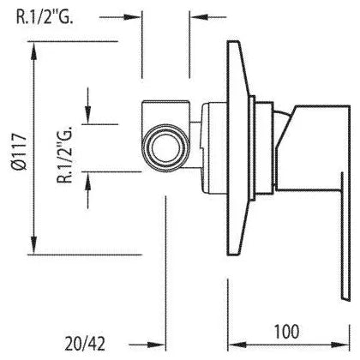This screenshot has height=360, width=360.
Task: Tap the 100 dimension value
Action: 286,332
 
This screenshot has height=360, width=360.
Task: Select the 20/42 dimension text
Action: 85,344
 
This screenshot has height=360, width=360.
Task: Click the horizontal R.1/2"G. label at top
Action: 45,16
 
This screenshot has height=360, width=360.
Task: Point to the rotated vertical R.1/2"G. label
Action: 64,154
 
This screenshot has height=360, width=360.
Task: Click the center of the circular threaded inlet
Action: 165,148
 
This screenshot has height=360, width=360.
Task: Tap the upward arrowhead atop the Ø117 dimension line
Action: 34,51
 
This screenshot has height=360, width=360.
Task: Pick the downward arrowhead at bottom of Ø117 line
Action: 34,244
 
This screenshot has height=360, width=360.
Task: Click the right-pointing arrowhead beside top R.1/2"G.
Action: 133,17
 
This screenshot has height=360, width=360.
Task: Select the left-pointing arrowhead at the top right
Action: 199,17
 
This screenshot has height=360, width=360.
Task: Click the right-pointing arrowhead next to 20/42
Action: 156,345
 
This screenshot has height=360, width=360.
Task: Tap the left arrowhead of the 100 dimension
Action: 238,345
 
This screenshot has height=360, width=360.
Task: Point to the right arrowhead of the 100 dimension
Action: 340,345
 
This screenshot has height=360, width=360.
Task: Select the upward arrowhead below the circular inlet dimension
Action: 87,181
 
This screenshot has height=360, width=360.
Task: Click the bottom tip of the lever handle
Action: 345,300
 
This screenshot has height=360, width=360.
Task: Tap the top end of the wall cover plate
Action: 233,42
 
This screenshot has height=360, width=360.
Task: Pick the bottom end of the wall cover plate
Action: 233,255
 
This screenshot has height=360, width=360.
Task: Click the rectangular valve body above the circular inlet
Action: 165,112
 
